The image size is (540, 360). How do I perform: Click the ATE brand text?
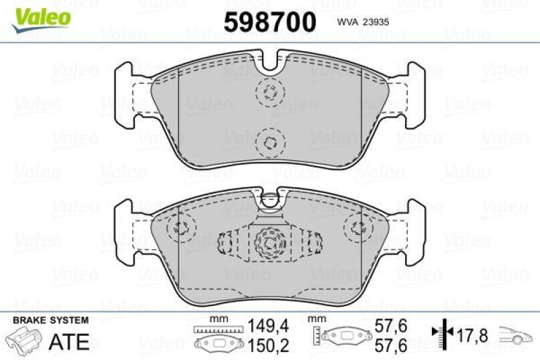[70, 341]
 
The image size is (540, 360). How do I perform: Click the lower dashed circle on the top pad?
[270, 141]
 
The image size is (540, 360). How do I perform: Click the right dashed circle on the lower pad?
[356, 228]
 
